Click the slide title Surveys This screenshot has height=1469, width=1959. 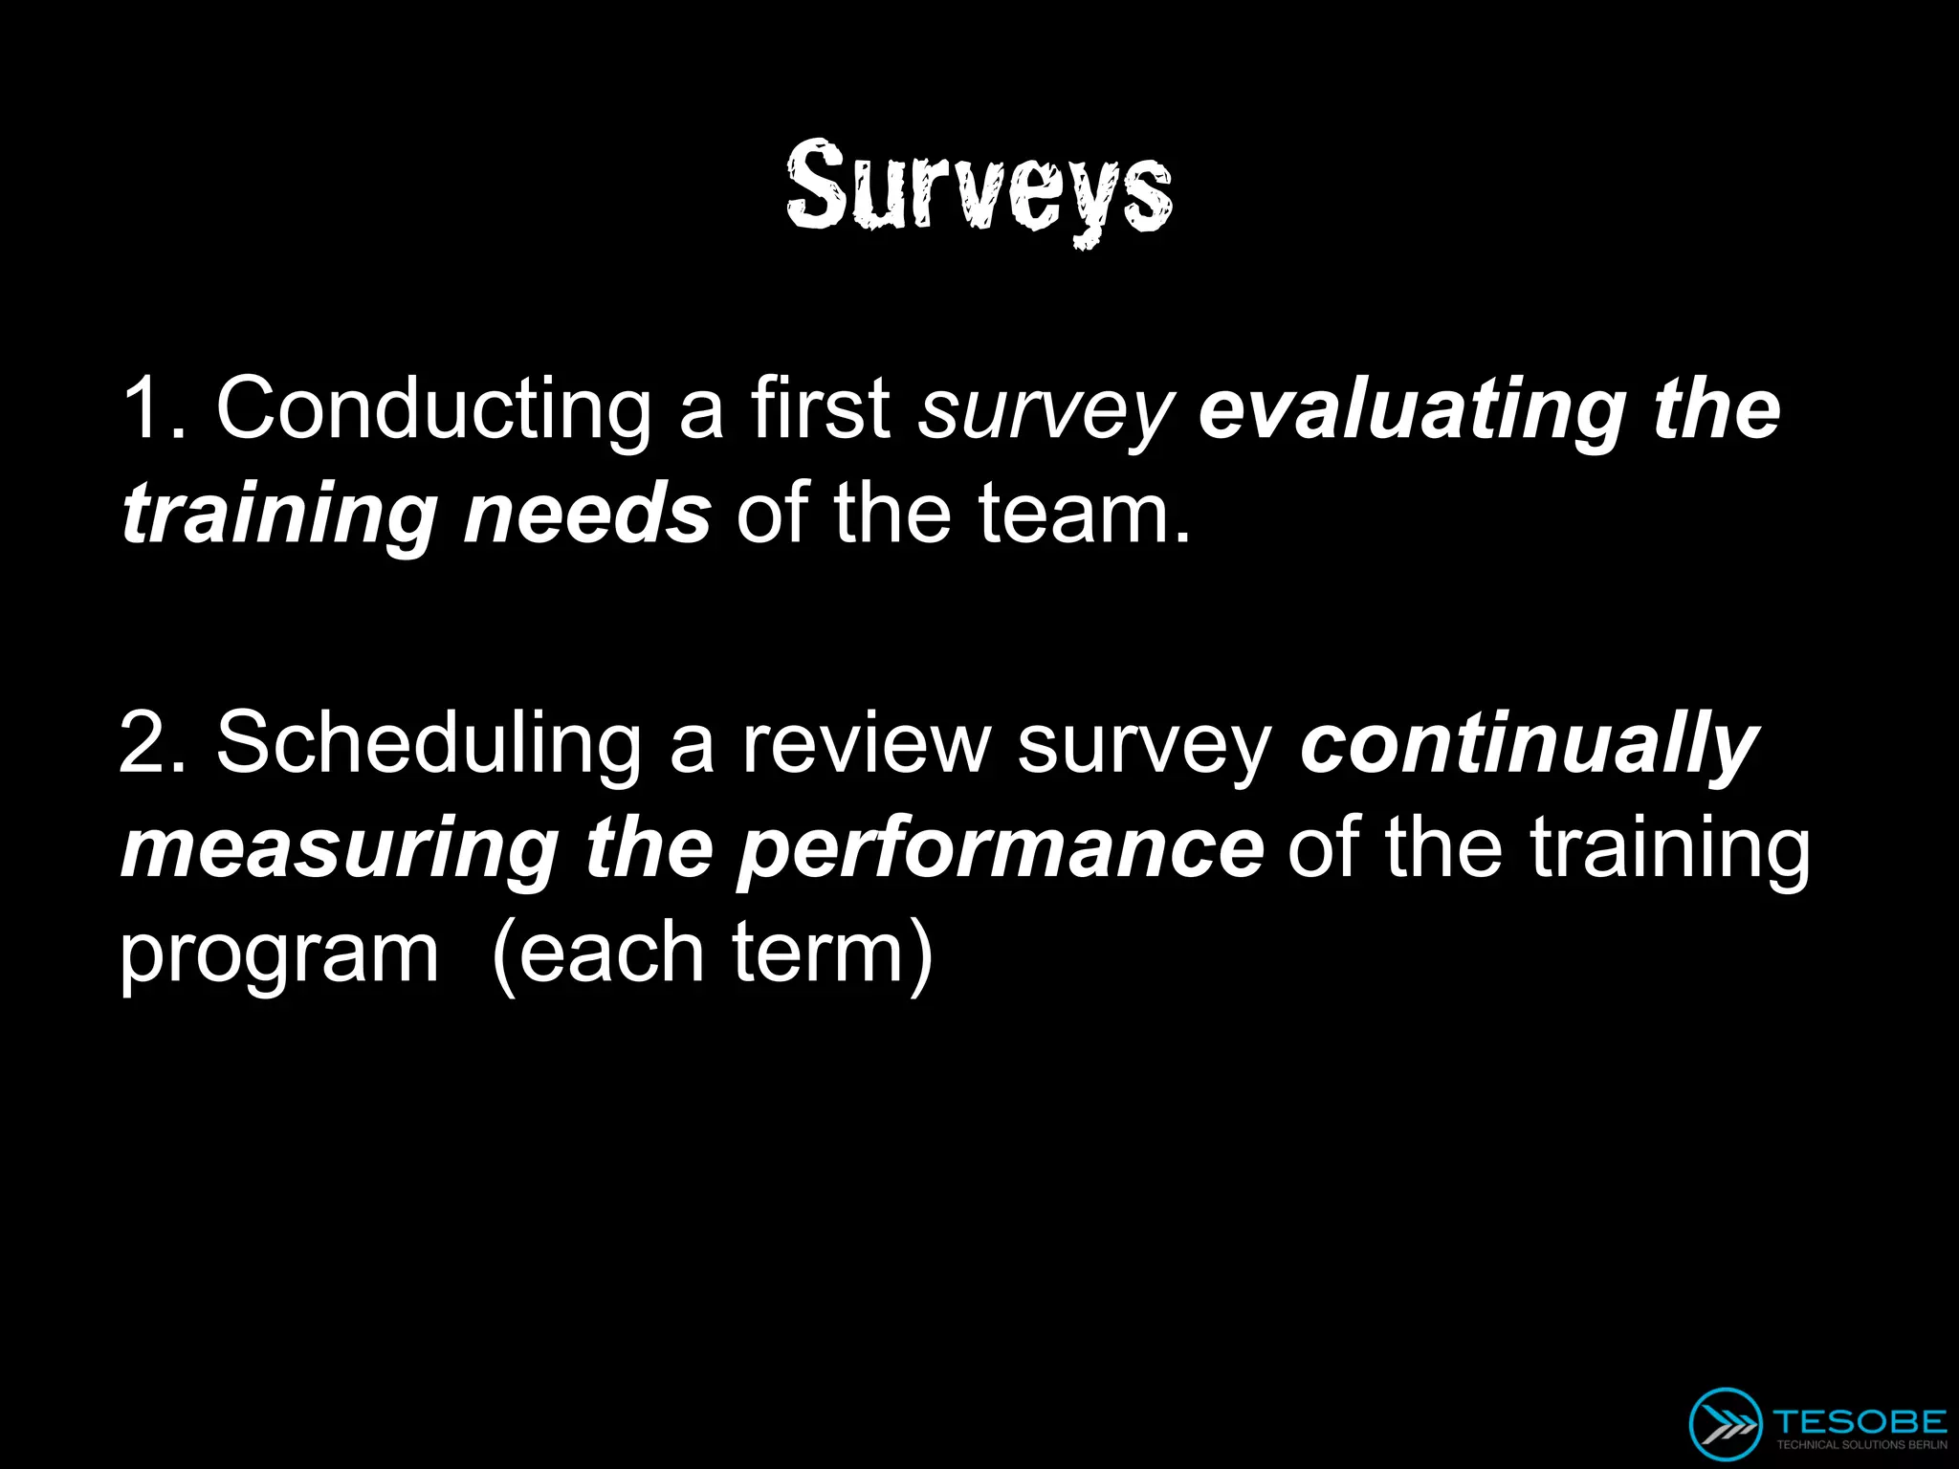[979, 187]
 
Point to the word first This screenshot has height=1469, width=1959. [820, 409]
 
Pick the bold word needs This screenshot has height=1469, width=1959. [585, 514]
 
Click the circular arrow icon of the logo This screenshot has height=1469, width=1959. [1725, 1423]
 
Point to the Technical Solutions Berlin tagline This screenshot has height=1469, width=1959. [1860, 1445]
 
